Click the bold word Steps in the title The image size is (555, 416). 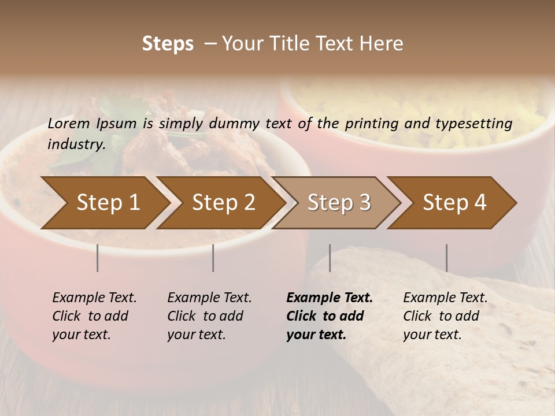click(x=168, y=44)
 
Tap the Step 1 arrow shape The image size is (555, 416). click(x=104, y=203)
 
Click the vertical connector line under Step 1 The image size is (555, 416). click(x=98, y=258)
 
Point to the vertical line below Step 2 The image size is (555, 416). click(x=213, y=258)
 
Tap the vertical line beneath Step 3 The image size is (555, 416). click(x=330, y=258)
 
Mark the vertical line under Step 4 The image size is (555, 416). click(x=446, y=258)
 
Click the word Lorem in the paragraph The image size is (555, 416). click(x=69, y=123)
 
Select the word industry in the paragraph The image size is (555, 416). click(x=76, y=144)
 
